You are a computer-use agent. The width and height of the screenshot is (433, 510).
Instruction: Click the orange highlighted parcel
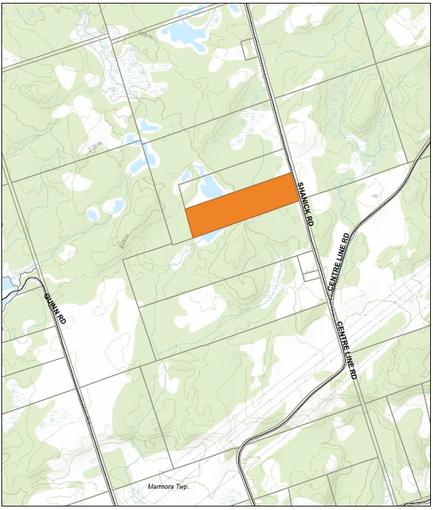[242, 205]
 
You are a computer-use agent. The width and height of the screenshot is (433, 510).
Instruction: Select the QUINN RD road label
[55, 309]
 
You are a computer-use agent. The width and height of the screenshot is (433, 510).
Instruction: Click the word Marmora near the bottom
[163, 487]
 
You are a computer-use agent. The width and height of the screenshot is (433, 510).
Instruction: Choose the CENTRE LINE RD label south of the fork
[346, 350]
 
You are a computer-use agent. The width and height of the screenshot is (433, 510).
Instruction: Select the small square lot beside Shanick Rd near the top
[248, 49]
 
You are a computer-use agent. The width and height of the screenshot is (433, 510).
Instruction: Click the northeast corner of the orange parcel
[291, 174]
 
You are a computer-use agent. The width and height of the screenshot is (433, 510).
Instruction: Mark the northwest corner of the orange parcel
[185, 209]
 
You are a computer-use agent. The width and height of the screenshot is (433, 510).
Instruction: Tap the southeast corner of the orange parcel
[299, 202]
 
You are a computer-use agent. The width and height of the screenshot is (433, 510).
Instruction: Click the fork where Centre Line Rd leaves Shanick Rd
[330, 297]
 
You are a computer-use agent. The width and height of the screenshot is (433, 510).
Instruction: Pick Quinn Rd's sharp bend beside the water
[32, 281]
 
